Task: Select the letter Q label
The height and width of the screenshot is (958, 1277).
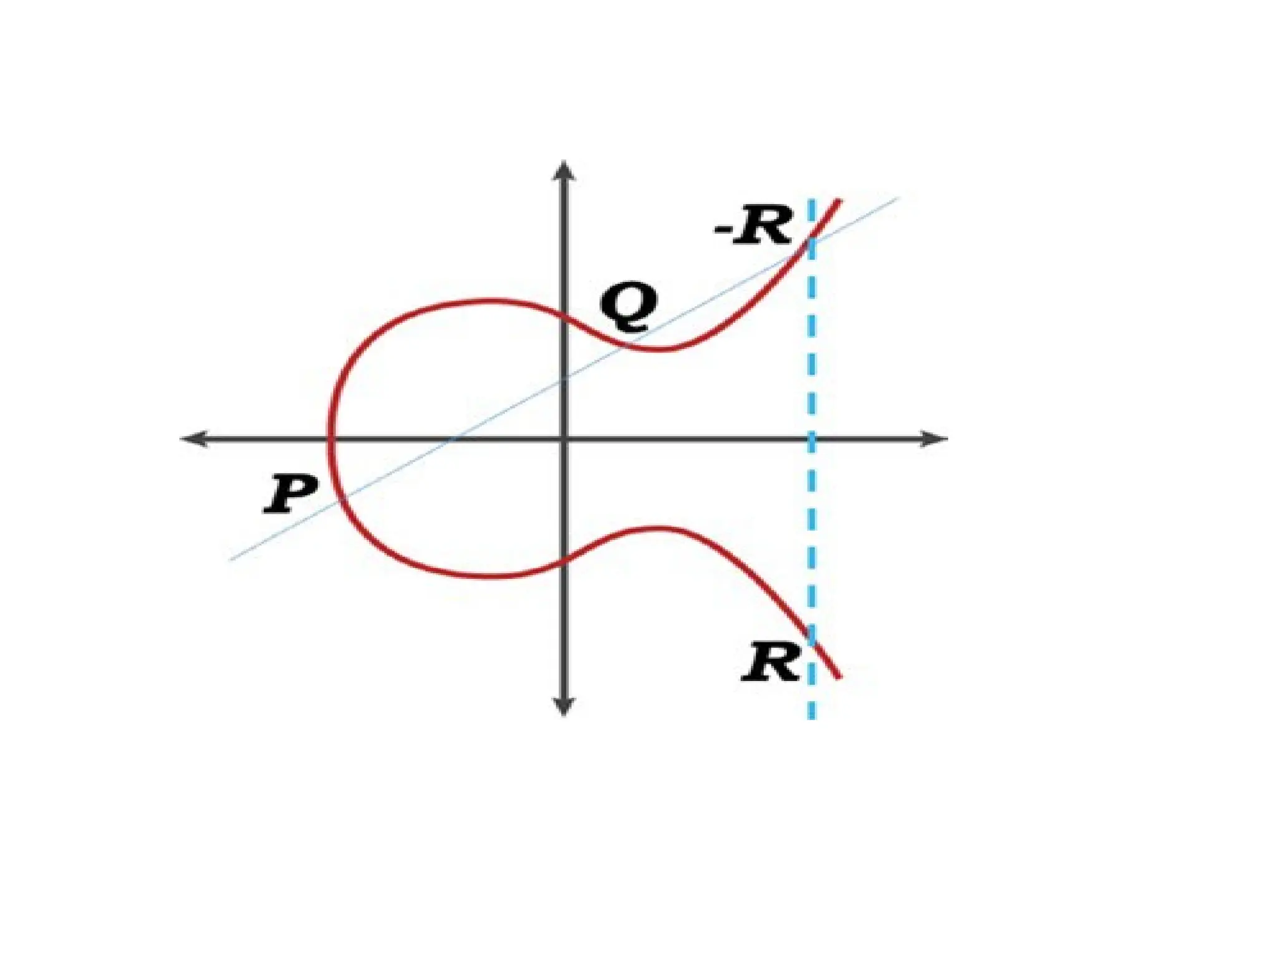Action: tap(628, 309)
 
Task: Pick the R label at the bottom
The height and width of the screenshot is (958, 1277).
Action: tap(771, 662)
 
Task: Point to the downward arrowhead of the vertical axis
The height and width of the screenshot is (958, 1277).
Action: tap(564, 708)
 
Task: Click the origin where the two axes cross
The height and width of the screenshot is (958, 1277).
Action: tap(564, 439)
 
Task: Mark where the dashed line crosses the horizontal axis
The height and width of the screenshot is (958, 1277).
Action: tap(811, 439)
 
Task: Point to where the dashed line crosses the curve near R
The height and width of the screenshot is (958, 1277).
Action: tap(811, 637)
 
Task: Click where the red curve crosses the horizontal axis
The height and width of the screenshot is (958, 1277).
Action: tap(331, 439)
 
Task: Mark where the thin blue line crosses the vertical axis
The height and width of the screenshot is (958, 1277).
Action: tap(564, 377)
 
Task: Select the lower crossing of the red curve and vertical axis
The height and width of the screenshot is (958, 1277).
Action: tap(564, 559)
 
